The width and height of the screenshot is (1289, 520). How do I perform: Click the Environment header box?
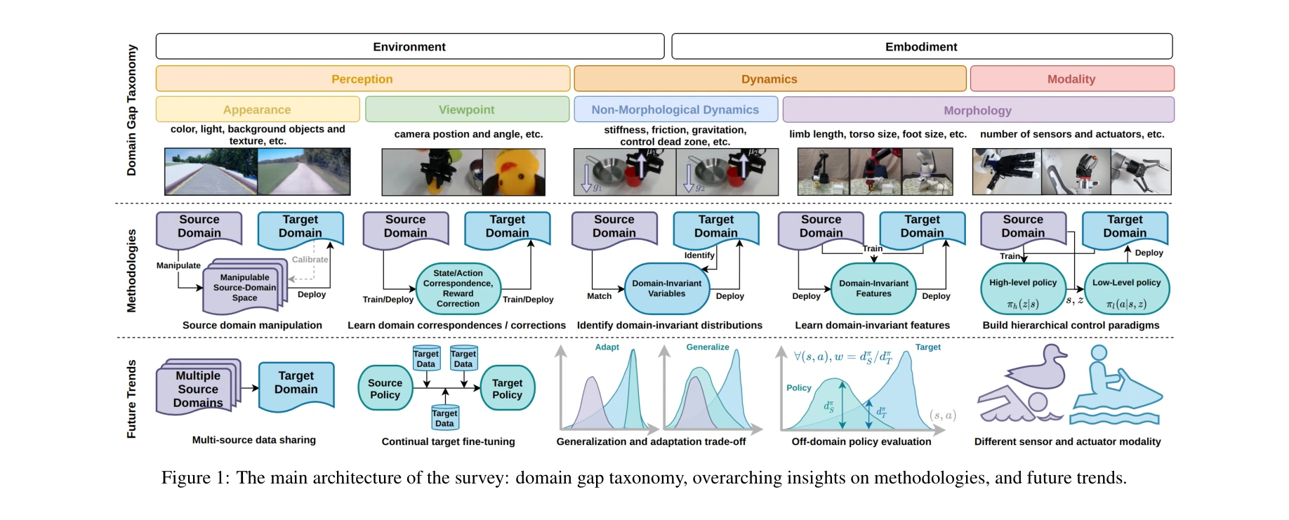coord(409,46)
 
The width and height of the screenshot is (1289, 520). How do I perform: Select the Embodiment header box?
coord(921,46)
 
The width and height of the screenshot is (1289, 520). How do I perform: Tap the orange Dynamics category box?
coord(769,79)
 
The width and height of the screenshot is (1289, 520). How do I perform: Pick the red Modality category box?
coord(1071,79)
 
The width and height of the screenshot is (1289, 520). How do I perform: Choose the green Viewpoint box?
coord(467,109)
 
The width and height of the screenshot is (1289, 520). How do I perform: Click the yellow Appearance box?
coord(257,109)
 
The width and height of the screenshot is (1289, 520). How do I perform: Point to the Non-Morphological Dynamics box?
coord(675,109)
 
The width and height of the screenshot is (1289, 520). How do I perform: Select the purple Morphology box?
coord(977,110)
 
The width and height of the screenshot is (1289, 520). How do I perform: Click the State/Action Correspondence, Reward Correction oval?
coord(458,288)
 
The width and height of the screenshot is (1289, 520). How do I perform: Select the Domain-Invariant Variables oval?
coord(667,288)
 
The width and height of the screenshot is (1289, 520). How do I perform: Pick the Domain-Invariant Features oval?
coord(873,288)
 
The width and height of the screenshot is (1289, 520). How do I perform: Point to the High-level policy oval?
coord(1023,289)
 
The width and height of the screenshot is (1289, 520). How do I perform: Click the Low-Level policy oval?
coord(1126,289)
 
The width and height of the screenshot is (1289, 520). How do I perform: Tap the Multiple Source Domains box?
coord(198,389)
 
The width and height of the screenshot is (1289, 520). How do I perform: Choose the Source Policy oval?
coord(385,389)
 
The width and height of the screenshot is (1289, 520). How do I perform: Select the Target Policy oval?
coord(507,389)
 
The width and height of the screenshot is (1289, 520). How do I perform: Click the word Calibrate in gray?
coord(310,260)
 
